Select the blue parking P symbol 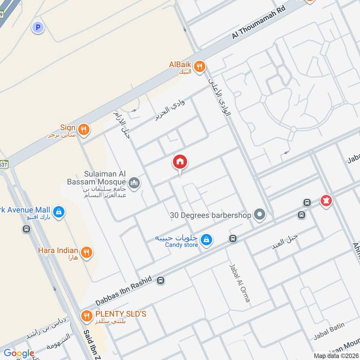coord(38,28)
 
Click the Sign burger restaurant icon coord(83,130)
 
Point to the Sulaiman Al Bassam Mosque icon coord(134,183)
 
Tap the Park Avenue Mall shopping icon coord(58,211)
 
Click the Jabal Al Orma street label coord(239,282)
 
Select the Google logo coord(18,353)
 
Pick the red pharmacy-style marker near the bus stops coord(326,201)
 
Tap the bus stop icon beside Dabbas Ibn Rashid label coord(161,281)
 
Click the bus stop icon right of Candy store coord(233,238)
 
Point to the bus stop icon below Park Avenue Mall coord(27,229)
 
